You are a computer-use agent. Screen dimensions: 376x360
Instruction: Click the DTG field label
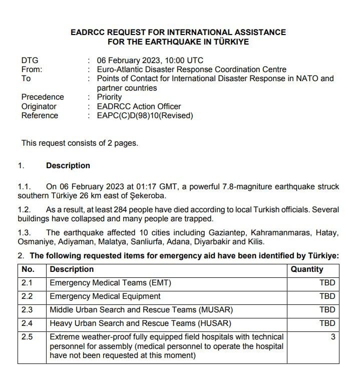[30, 61]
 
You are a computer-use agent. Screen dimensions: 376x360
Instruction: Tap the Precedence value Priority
[109, 97]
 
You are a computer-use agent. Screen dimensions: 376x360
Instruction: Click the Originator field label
[39, 106]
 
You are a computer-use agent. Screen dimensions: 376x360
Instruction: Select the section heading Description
[68, 166]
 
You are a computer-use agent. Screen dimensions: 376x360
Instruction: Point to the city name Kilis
[255, 242]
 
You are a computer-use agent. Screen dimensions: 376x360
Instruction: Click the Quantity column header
[307, 269]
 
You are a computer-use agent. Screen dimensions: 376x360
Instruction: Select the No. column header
[29, 269]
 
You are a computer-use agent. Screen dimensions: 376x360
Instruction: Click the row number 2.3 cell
[27, 310]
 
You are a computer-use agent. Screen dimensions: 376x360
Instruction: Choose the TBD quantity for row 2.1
[327, 283]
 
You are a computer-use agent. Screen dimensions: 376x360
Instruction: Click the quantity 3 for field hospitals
[333, 337]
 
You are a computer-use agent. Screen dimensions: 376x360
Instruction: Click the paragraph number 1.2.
[25, 210]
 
